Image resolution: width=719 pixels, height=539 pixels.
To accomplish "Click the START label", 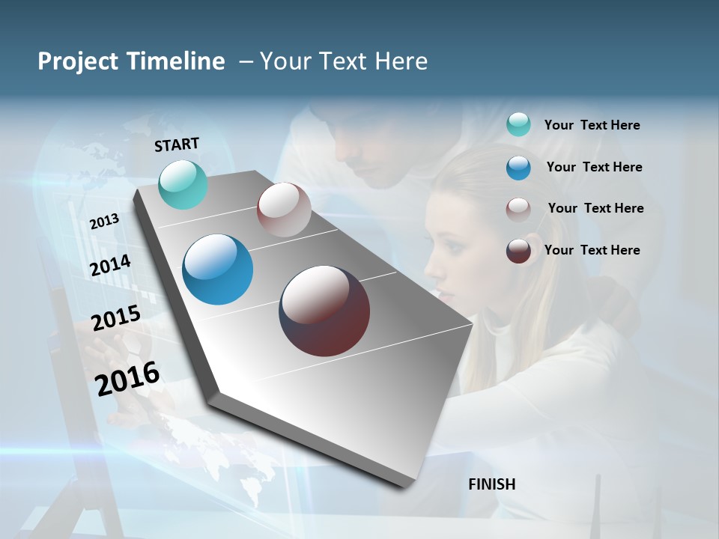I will (177, 144).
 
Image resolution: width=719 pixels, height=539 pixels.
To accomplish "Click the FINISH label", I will (492, 484).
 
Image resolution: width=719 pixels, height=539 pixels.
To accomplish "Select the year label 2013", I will (104, 222).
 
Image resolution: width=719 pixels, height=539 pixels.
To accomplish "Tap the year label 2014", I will (111, 265).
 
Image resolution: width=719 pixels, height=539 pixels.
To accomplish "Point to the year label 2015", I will (116, 318).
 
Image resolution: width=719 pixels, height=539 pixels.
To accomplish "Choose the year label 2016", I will (127, 378).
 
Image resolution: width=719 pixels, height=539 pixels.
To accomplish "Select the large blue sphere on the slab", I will (217, 269).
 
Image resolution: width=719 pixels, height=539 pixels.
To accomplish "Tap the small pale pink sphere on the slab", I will (284, 210).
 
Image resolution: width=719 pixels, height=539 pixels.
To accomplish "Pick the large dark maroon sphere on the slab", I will (324, 311).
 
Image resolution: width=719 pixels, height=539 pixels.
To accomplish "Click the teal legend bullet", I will (518, 125).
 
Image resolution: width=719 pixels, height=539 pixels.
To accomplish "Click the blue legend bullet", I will (518, 168).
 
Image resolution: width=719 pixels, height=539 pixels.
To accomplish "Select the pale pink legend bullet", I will (518, 209).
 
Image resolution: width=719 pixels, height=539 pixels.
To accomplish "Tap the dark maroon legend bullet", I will (518, 251).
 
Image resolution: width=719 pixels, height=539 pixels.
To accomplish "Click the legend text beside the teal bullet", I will (592, 126).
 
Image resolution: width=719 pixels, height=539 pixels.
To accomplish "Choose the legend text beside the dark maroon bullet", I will (592, 250).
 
